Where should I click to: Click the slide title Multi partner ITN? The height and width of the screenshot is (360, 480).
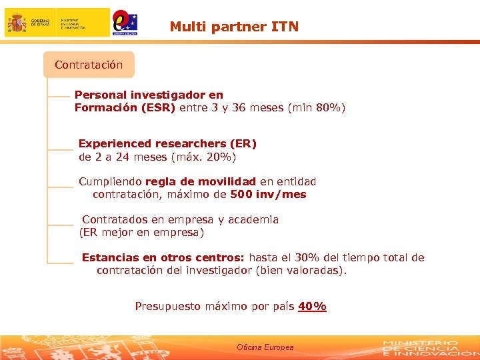click(x=234, y=27)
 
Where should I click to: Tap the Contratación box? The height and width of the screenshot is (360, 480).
click(x=89, y=65)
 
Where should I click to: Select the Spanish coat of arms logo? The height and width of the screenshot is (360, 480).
click(x=17, y=23)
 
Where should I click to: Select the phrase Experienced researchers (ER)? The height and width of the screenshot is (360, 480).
click(x=167, y=143)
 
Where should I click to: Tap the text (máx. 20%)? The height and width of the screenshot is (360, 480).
click(x=203, y=157)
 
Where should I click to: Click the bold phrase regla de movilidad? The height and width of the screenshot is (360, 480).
click(x=200, y=181)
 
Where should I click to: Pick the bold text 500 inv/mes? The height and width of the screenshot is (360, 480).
click(x=268, y=195)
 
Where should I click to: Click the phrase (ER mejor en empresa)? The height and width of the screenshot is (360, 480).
click(x=141, y=233)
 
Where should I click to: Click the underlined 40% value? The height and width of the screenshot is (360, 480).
click(x=312, y=307)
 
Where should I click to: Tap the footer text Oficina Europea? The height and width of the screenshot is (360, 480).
click(x=265, y=347)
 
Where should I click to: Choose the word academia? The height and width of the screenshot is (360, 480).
click(x=254, y=219)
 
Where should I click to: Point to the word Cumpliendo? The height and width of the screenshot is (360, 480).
click(x=110, y=181)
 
